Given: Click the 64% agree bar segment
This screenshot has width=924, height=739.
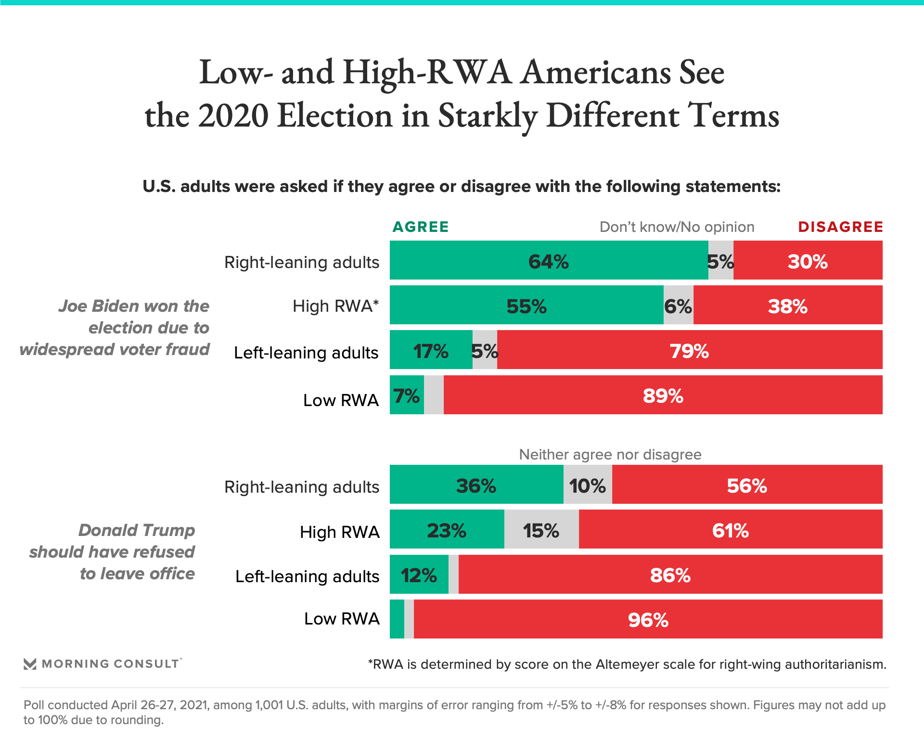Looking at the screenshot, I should pos(549,260).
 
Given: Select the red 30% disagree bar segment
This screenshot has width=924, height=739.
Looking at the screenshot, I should pos(808,260).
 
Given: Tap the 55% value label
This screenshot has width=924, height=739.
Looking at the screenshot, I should pos(526,306).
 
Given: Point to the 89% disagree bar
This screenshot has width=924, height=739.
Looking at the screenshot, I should pos(663,395).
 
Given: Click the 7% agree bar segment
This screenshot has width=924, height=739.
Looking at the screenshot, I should pos(407,395).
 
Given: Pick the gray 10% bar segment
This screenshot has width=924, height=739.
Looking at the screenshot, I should pos(588,485).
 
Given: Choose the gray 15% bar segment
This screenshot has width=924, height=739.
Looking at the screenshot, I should pos(541,530).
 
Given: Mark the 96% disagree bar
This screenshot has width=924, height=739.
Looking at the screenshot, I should pos(648,619).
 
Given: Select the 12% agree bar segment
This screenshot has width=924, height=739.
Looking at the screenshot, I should pos(419,574).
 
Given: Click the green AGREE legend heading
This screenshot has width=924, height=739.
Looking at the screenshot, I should pos(421,227).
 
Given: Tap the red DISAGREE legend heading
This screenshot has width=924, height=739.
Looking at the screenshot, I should pos(840,227).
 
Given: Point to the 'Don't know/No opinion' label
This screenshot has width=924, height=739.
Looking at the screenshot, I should pos(677,227).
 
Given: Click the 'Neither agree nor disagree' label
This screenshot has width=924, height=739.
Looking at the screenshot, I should pos(610,455).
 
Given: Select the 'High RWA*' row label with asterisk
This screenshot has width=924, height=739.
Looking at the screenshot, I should pos(335,306).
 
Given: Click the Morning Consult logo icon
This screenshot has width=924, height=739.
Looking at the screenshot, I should pos(30,664).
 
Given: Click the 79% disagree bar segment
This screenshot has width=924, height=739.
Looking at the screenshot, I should pos(689,350).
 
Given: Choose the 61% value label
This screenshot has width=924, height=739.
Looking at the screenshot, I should pos(730,531).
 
